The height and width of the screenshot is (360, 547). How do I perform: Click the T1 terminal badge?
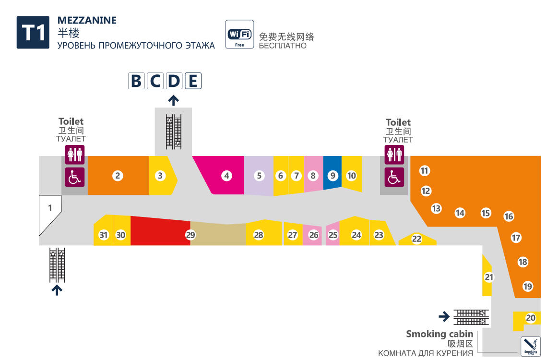click(x=33, y=33)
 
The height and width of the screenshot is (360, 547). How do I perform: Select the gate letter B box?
click(x=136, y=81)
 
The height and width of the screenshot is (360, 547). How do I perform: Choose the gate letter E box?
click(x=193, y=81)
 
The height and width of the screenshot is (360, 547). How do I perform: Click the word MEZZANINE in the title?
click(x=87, y=20)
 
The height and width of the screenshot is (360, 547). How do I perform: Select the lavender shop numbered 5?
click(x=259, y=176)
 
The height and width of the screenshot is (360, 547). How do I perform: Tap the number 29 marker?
click(x=190, y=235)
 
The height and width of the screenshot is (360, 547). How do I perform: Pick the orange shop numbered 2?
click(x=118, y=176)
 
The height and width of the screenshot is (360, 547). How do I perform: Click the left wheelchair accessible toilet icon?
click(x=75, y=177)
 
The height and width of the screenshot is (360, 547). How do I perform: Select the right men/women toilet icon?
click(x=394, y=155)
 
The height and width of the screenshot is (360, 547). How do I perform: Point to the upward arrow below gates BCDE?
click(x=173, y=100)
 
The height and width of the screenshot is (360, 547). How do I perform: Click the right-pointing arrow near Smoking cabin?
click(x=444, y=316)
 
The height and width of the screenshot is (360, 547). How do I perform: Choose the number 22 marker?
click(x=416, y=239)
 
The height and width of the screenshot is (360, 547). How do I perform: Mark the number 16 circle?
click(x=509, y=216)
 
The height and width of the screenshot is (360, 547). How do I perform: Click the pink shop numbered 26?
click(x=313, y=235)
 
